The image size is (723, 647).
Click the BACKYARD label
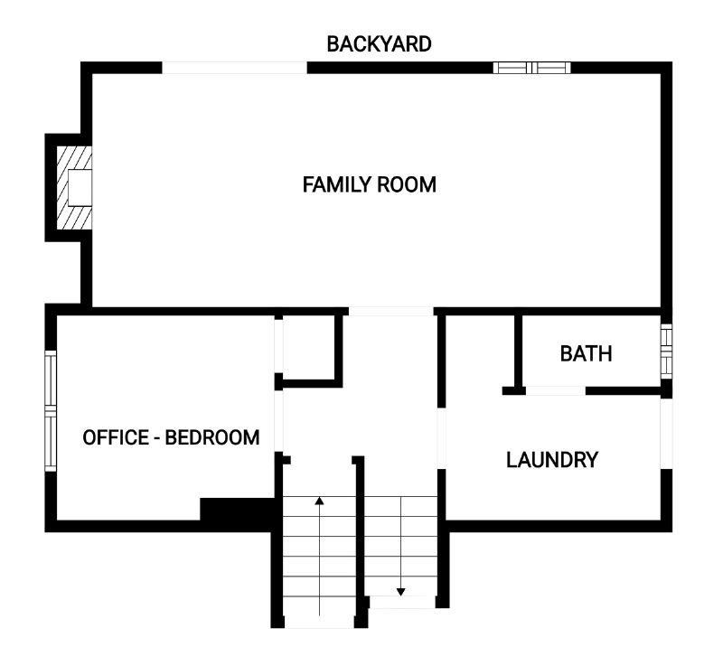pyautogui.click(x=379, y=44)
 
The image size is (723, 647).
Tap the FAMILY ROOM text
pyautogui.click(x=370, y=185)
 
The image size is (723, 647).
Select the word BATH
pyautogui.click(x=586, y=354)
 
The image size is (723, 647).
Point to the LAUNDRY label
pyautogui.click(x=552, y=460)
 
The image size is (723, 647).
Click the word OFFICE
pyautogui.click(x=116, y=437)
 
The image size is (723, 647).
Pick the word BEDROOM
pyautogui.click(x=212, y=437)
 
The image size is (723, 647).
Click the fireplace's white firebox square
pyautogui.click(x=80, y=188)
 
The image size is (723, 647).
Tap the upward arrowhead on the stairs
pyautogui.click(x=319, y=501)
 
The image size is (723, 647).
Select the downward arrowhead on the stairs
pyautogui.click(x=400, y=592)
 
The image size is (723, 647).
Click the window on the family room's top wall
pyautogui.click(x=531, y=68)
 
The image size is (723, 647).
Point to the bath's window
pyautogui.click(x=666, y=352)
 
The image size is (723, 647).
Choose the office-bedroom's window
pyautogui.click(x=51, y=411)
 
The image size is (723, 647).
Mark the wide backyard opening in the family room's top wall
pyautogui.click(x=234, y=68)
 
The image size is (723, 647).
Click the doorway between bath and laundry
pyautogui.click(x=556, y=390)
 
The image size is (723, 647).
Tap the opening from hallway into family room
pyautogui.click(x=391, y=311)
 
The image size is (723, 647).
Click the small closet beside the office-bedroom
pyautogui.click(x=308, y=348)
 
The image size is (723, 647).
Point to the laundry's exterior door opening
pyautogui.click(x=666, y=434)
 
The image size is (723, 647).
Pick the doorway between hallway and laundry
pyautogui.click(x=441, y=438)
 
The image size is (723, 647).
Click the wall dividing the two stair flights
pyautogui.click(x=361, y=542)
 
